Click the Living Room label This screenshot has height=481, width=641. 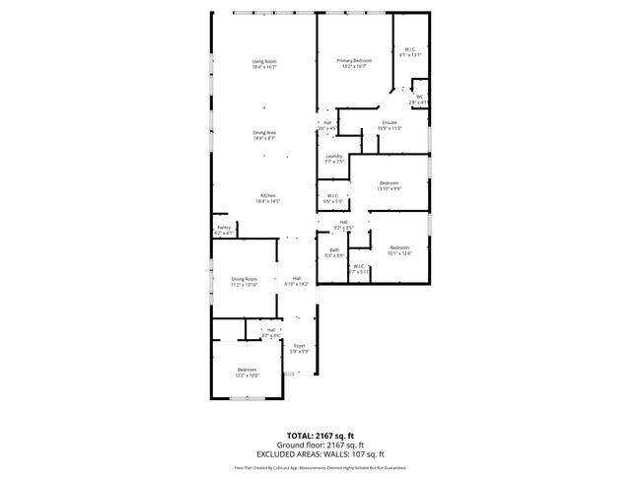(263, 64)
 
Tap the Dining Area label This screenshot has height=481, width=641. (263, 135)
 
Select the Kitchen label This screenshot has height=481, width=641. (270, 197)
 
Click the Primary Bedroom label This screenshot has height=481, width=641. (354, 63)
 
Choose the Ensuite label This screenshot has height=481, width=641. (390, 124)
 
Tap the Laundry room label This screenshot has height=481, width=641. (333, 159)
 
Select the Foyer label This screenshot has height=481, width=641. (299, 348)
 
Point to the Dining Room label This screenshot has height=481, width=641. (245, 281)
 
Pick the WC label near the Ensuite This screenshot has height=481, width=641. (419, 99)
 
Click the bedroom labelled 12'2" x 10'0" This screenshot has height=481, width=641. (247, 373)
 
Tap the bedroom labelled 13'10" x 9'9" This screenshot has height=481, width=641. (390, 185)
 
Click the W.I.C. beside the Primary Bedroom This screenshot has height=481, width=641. (410, 52)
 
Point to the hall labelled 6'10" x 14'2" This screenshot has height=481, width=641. (296, 281)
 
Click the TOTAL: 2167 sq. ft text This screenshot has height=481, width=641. (320, 435)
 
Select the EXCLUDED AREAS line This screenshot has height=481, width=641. (320, 453)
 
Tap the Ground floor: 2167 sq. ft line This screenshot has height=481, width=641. (320, 445)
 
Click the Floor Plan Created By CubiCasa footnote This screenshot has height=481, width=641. (320, 468)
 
